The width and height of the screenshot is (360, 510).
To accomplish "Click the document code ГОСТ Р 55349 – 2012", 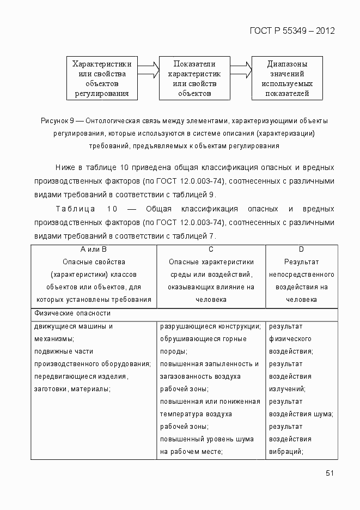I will coord(291,31).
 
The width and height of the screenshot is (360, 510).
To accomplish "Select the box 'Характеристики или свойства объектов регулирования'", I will coord(102,78).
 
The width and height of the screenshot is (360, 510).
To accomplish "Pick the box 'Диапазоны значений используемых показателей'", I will coord(287,78).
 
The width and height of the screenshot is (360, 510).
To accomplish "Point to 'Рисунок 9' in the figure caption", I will coord(57,120).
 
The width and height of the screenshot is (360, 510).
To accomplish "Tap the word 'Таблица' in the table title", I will coord(75,209).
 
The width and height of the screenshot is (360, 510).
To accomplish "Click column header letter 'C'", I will coord(211,250).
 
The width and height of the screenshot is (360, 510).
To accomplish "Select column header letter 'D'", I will coord(301,250).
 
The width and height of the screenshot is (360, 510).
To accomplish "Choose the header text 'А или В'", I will coord(94,250).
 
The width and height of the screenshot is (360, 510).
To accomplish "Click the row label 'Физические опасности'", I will coord(72,314).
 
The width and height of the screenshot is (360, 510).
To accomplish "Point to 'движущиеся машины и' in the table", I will coord(74,327).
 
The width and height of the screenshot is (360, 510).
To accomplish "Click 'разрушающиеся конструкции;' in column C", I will coord(210,327).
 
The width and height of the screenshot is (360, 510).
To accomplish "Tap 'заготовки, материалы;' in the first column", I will coord(72,389).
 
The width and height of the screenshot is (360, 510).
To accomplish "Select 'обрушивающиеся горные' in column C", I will coord(203,339).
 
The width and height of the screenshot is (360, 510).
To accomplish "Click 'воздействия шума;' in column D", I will coord(301,414).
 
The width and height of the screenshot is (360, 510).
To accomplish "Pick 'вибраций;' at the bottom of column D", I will coord(286,451).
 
